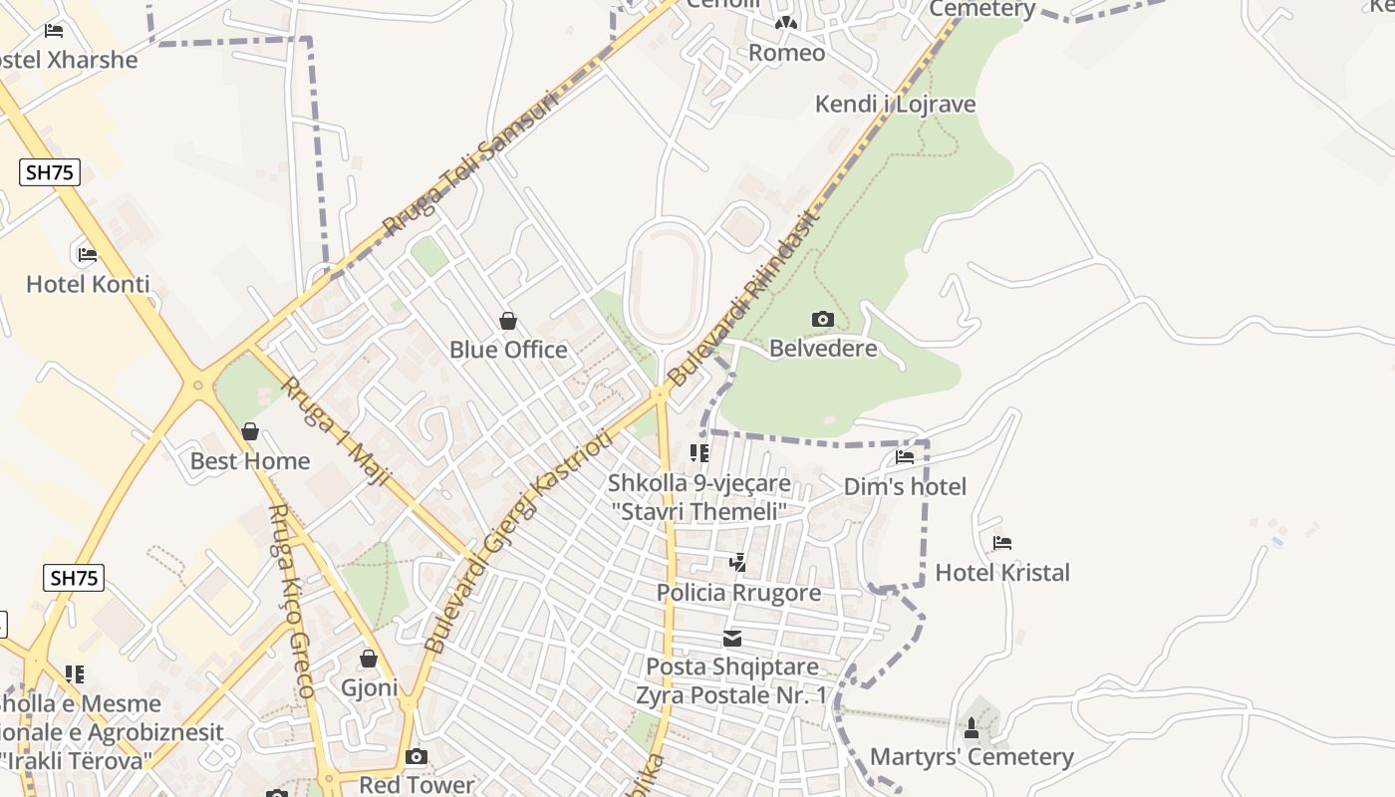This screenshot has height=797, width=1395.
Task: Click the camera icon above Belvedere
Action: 822,320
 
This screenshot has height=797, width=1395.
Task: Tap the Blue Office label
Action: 508,350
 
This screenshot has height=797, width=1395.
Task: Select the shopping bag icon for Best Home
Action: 250,431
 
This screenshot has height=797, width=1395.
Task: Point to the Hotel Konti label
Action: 88,284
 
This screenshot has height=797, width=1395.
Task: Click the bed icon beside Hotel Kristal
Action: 1002,543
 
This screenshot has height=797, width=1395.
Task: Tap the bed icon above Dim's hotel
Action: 905,457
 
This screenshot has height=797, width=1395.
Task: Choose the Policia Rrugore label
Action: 738,593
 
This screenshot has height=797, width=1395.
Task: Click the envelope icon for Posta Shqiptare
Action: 732,639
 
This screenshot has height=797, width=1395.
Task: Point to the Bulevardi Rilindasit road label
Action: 742,297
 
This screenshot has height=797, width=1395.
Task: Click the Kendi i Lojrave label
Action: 895,104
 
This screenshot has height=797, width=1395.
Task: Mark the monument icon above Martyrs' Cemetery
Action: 972,728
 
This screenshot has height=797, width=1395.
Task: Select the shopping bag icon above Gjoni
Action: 369,659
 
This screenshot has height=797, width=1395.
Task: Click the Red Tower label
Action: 417,784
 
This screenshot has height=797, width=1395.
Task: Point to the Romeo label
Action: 786,53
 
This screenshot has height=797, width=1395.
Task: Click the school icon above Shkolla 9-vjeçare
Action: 699,454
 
